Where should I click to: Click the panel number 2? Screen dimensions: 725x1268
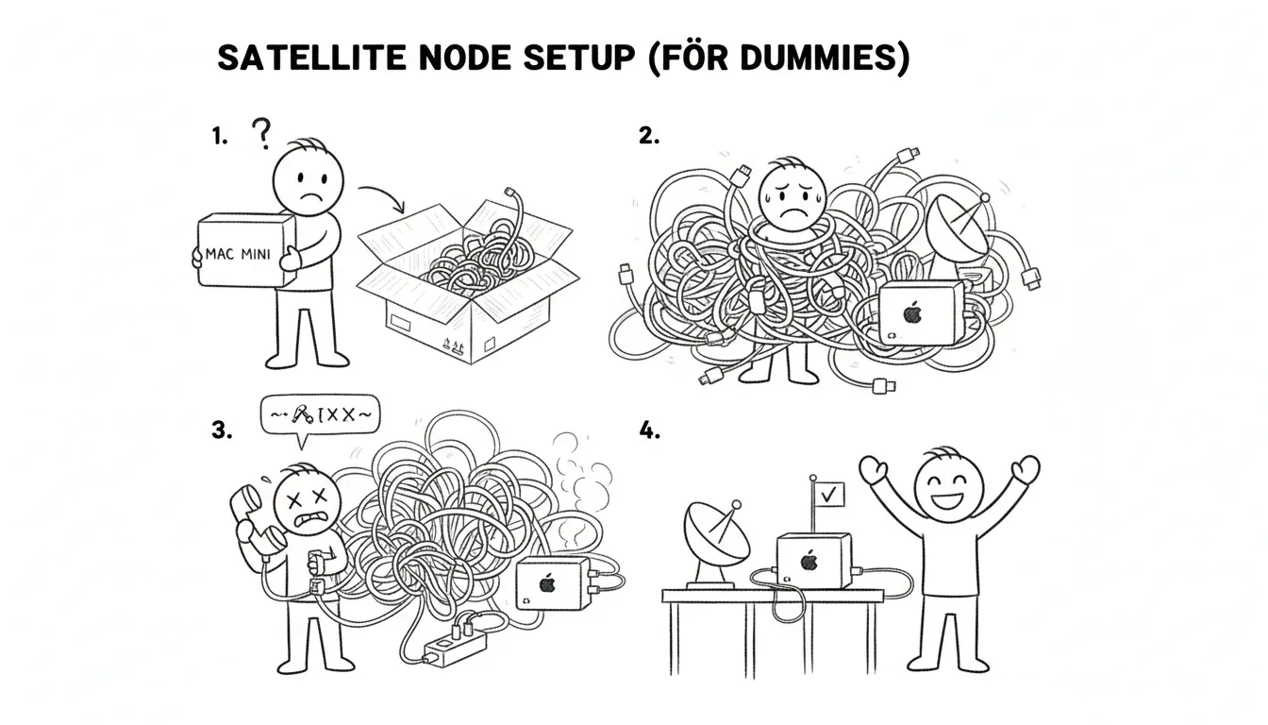click(649, 136)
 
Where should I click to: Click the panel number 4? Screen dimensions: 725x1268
click(649, 431)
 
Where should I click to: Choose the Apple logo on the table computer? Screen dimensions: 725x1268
click(808, 561)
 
